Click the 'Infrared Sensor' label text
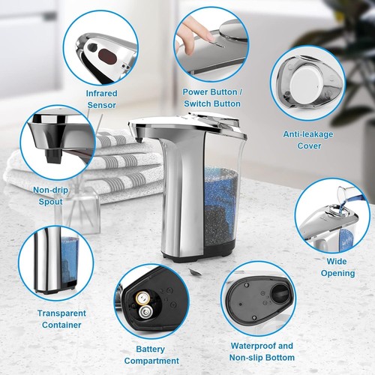pos(101,97)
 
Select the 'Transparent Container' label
pos(61,318)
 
